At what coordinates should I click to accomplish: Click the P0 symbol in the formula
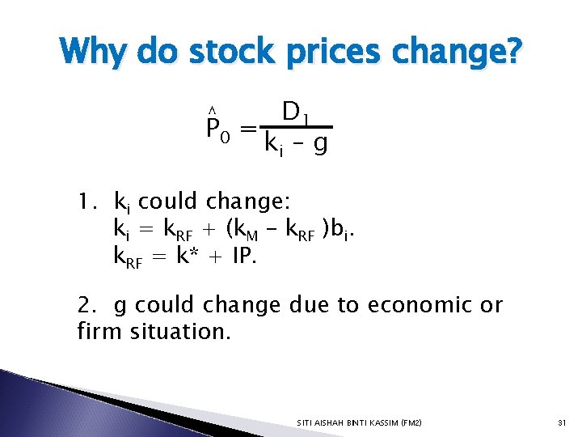pos(218,129)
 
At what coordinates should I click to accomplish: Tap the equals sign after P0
pos(249,129)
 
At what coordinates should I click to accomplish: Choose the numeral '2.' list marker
pos(88,305)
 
